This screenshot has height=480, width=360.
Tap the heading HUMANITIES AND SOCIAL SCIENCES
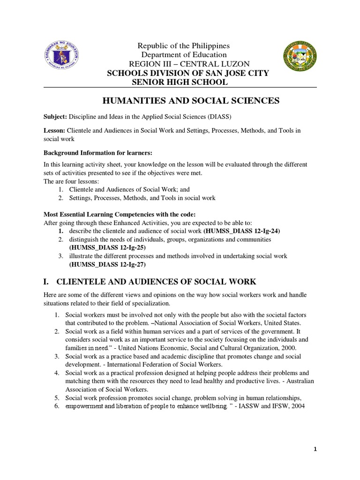pyautogui.click(x=190, y=100)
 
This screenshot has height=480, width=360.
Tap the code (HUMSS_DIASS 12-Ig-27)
pyautogui.click(x=107, y=264)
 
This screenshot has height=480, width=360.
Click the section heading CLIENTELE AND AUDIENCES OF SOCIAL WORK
pyautogui.click(x=156, y=282)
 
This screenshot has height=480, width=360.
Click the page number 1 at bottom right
pyautogui.click(x=315, y=449)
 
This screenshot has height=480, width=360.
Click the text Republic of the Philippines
pyautogui.click(x=183, y=45)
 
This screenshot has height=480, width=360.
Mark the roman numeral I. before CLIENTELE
pyautogui.click(x=46, y=282)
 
